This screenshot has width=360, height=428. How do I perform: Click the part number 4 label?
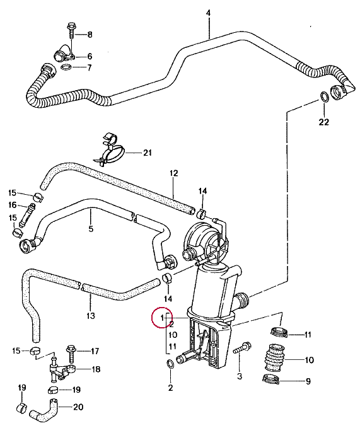coord(208,13)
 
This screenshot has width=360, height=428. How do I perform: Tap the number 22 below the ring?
coord(324,122)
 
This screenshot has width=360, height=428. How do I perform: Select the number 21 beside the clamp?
coord(148,153)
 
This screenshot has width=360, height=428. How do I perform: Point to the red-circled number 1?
coord(163,318)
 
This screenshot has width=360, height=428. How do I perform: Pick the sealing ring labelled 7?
coord(66,67)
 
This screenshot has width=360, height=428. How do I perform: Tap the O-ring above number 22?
coord(324,96)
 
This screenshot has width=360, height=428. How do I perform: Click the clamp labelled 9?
coord(271,379)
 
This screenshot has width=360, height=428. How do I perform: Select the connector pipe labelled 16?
coord(26,214)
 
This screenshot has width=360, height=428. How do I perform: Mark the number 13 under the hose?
coord(91,316)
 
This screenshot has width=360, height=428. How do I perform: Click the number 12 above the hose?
coord(173,173)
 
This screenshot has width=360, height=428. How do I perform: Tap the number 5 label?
coord(91,228)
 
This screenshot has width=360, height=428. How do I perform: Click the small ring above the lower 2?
coord(170,364)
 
